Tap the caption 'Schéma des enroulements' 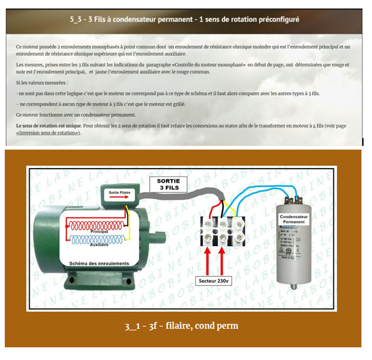click(x=99, y=263)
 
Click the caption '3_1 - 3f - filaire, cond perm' click(x=185, y=326)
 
